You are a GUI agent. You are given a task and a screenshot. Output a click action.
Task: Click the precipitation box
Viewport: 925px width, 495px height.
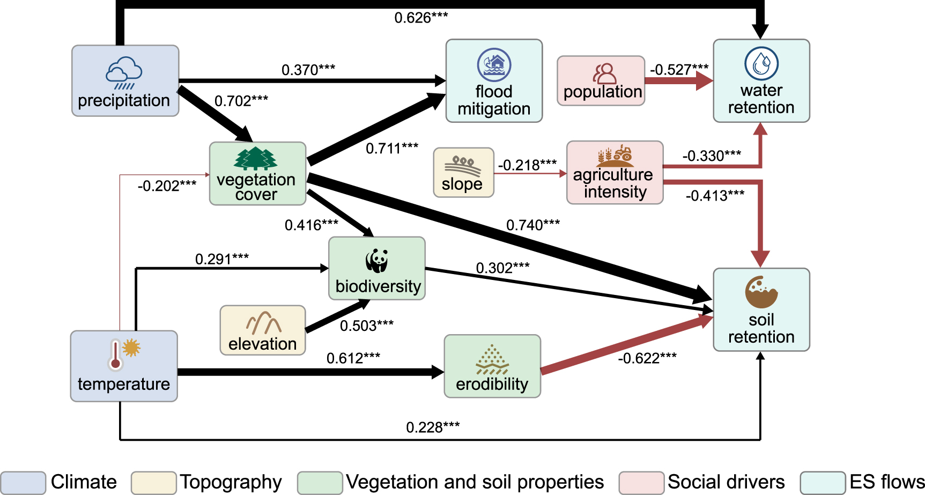[x=125, y=80]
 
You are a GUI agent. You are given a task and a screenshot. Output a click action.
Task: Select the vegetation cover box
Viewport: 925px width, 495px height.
[x=257, y=173]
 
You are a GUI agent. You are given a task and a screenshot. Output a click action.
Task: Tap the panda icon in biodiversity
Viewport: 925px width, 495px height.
[x=377, y=261]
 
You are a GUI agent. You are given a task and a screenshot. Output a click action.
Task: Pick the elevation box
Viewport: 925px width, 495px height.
[x=263, y=330]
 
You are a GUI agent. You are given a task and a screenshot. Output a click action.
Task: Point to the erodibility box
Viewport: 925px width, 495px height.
[x=492, y=366]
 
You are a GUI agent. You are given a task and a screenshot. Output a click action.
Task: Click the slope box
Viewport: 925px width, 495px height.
[x=463, y=173]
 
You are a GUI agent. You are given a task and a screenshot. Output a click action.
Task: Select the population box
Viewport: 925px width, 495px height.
[x=601, y=80]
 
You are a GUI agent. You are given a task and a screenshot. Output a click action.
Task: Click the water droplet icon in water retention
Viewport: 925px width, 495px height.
[x=761, y=63]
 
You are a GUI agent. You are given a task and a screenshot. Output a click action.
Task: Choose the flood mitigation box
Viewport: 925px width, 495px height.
[x=494, y=80]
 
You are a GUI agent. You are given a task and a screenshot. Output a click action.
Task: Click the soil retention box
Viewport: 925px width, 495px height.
[x=761, y=309]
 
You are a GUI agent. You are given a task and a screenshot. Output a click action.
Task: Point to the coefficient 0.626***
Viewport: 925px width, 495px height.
[x=421, y=18]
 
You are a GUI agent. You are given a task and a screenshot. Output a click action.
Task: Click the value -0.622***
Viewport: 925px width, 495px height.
[x=647, y=358]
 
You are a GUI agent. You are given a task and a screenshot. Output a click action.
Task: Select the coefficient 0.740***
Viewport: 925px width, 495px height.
[x=533, y=225]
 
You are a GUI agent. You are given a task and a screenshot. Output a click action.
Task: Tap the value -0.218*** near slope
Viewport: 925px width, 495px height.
[x=527, y=165]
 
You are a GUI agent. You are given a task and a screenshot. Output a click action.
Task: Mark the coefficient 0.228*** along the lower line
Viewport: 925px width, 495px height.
[x=433, y=427]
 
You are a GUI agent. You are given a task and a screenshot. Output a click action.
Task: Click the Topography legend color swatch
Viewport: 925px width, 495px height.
[x=154, y=483]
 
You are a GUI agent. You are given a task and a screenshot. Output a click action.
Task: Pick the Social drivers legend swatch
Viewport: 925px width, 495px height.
[x=642, y=483]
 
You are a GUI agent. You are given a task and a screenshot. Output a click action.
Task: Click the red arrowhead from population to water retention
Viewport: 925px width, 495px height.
[x=705, y=81]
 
